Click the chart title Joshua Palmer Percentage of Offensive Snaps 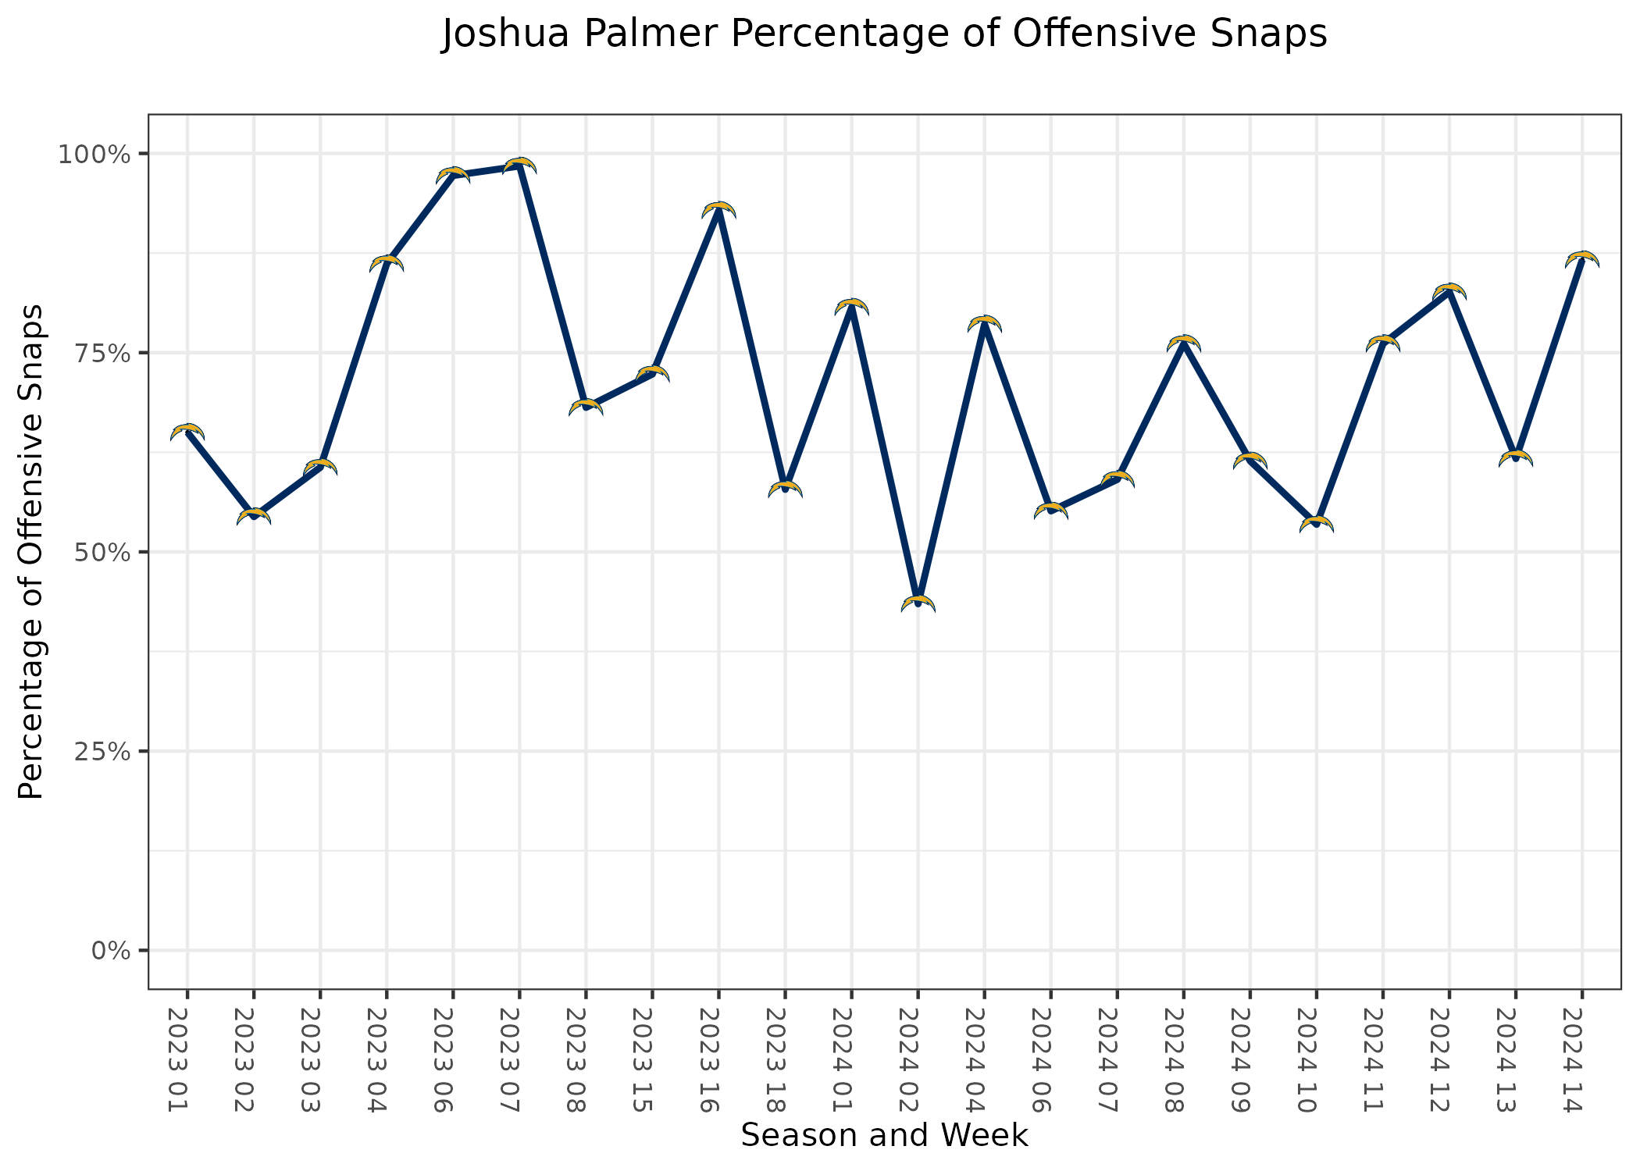884,34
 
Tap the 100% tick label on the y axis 93,154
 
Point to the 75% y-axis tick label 100,353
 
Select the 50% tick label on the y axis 100,552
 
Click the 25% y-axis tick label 100,751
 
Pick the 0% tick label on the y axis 109,951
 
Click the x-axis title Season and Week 884,1136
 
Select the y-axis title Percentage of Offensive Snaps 31,552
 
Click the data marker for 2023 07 519,166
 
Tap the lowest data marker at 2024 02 918,603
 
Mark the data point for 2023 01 187,432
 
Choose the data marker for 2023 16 718,210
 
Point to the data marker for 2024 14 1582,260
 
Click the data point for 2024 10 1317,525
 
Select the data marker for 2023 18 785,489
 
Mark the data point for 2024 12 1449,292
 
